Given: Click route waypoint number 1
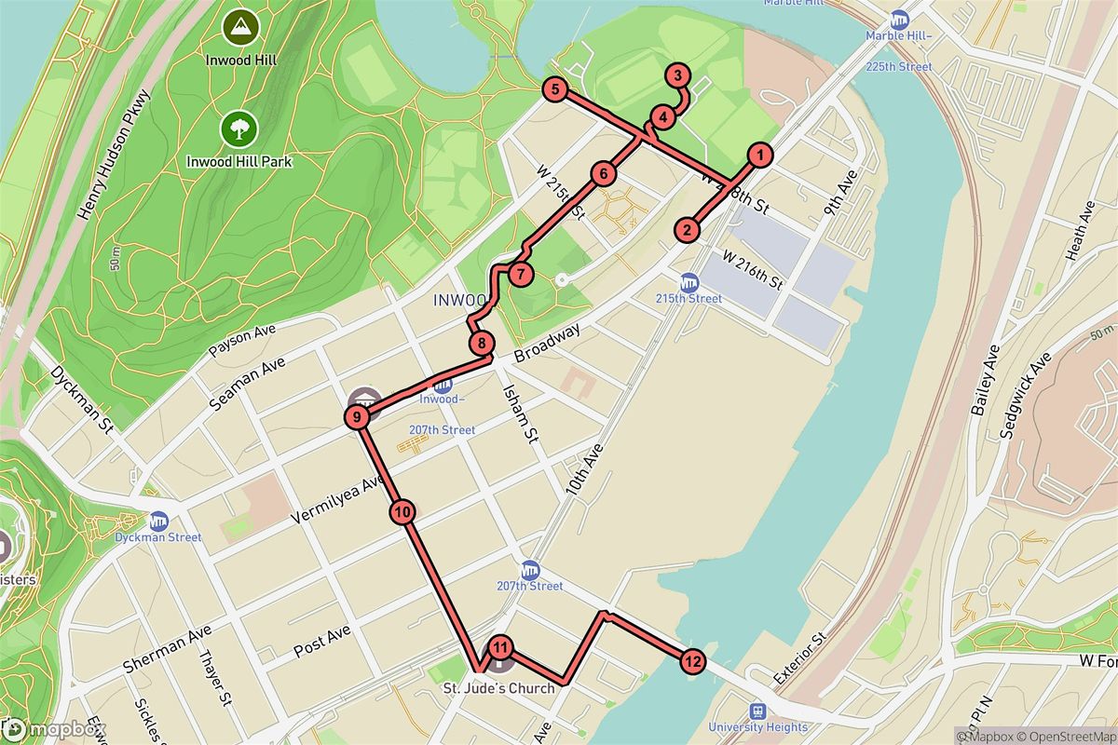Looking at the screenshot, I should pyautogui.click(x=761, y=156).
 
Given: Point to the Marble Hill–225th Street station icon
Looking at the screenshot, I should pyautogui.click(x=899, y=20).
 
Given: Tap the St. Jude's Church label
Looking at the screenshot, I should pyautogui.click(x=498, y=689).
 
